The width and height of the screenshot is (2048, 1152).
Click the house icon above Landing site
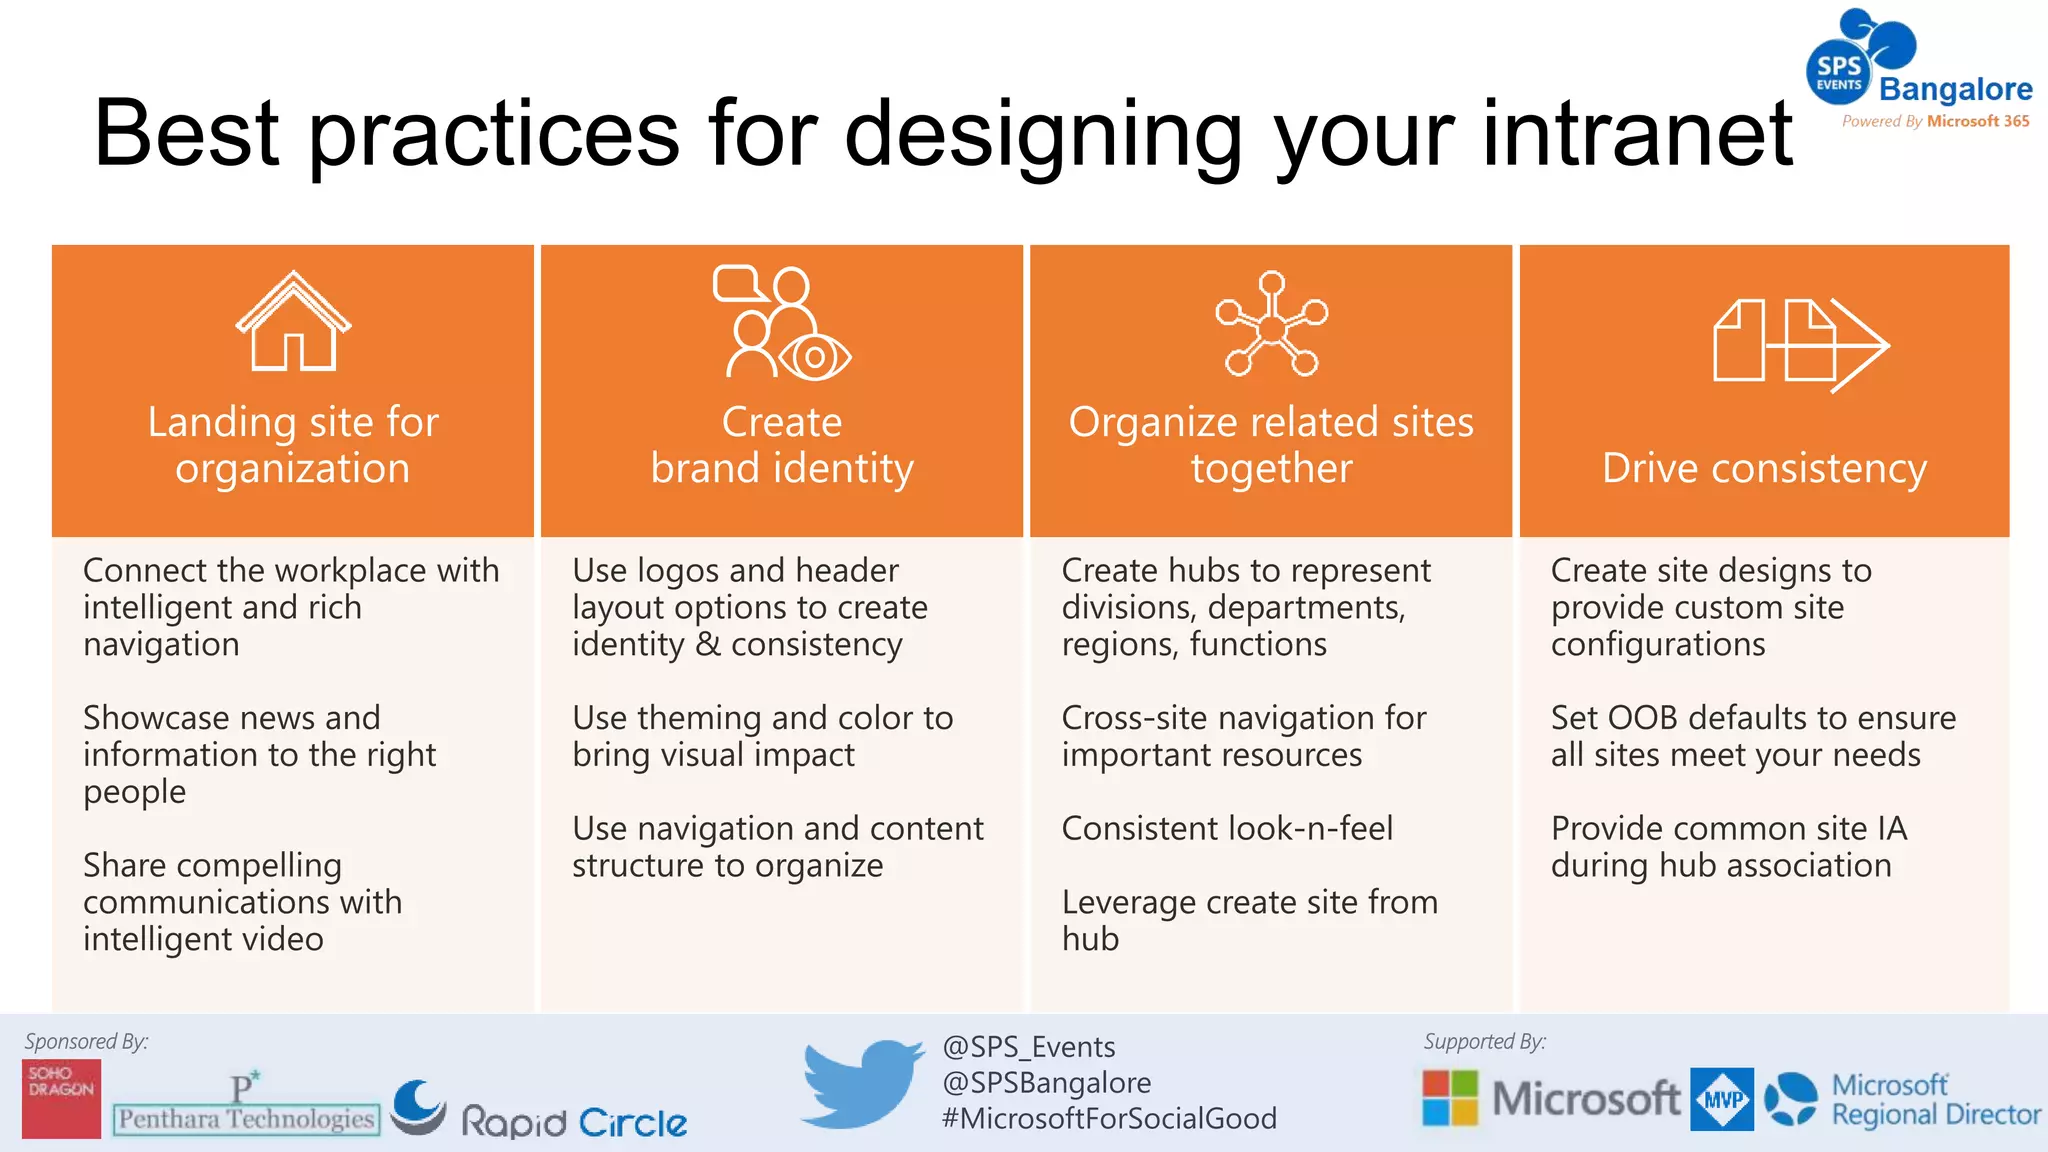pyautogui.click(x=293, y=322)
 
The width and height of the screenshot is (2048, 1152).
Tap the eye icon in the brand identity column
pyautogui.click(x=815, y=357)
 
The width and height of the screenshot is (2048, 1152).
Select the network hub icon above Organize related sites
pyautogui.click(x=1271, y=325)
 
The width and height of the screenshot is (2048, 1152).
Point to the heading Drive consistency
pyautogui.click(x=1764, y=468)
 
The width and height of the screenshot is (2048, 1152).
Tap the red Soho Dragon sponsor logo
pyautogui.click(x=62, y=1098)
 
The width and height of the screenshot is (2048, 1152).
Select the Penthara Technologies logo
pyautogui.click(x=246, y=1108)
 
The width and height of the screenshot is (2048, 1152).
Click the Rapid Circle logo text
pyautogui.click(x=574, y=1122)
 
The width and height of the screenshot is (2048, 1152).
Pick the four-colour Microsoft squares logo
pyautogui.click(x=1450, y=1098)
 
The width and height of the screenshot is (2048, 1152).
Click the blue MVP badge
pyautogui.click(x=1722, y=1099)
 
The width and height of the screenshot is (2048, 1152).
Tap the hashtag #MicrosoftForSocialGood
pyautogui.click(x=1109, y=1118)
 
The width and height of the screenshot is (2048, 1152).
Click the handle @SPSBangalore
pyautogui.click(x=1046, y=1083)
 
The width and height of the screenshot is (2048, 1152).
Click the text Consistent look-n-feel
pyautogui.click(x=1227, y=828)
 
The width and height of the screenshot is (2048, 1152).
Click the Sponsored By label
pyautogui.click(x=86, y=1041)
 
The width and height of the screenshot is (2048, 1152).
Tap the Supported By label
pyautogui.click(x=1484, y=1041)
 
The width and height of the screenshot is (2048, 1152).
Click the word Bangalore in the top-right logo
pyautogui.click(x=1955, y=89)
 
